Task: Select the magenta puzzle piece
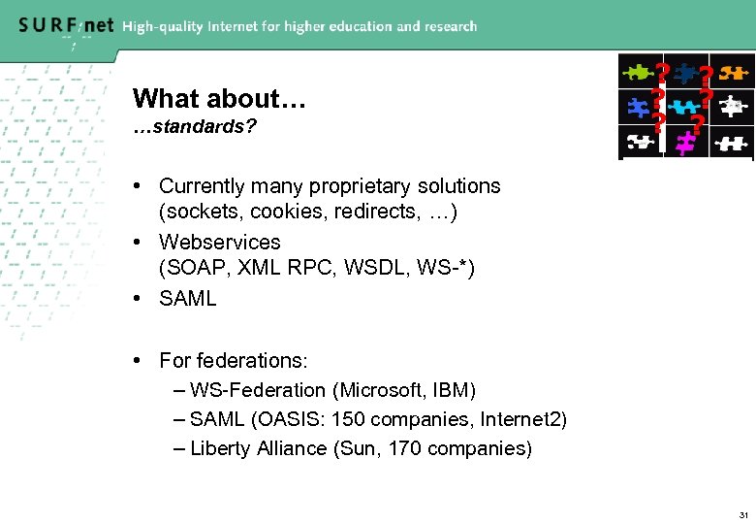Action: click(686, 144)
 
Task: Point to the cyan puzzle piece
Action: click(686, 106)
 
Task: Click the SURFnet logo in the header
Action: click(65, 25)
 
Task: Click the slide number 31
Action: click(742, 513)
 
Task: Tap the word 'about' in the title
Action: click(243, 98)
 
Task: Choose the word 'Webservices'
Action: click(220, 242)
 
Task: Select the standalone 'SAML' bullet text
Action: click(188, 298)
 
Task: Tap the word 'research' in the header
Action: click(447, 26)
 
